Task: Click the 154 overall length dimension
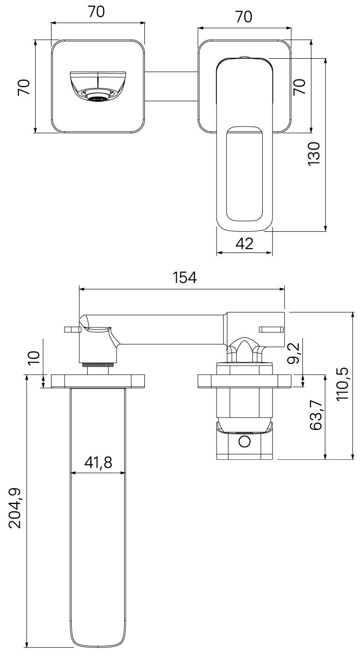click(185, 278)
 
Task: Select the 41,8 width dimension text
click(98, 463)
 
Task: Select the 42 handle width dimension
click(244, 244)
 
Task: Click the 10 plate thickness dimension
click(33, 358)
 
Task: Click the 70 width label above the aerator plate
click(97, 13)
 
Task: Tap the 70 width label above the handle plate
click(244, 17)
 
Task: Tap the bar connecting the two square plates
click(171, 87)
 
